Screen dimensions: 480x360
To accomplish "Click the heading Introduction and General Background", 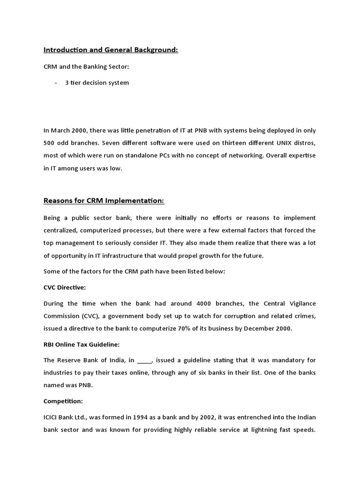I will [x=111, y=50].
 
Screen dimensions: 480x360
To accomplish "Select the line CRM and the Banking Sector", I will [x=86, y=67].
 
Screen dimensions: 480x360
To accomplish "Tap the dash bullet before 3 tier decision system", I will [x=56, y=83].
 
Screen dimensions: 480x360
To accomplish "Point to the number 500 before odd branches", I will [x=50, y=143].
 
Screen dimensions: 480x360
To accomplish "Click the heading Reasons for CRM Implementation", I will [x=104, y=201].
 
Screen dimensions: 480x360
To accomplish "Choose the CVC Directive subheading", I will [x=65, y=287].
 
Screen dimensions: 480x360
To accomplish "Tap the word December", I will [x=258, y=329].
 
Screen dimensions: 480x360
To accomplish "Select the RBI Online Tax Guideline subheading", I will [x=82, y=345].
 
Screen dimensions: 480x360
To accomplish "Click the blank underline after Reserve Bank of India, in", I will [x=144, y=360].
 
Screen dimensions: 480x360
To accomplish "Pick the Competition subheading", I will [x=63, y=401].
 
